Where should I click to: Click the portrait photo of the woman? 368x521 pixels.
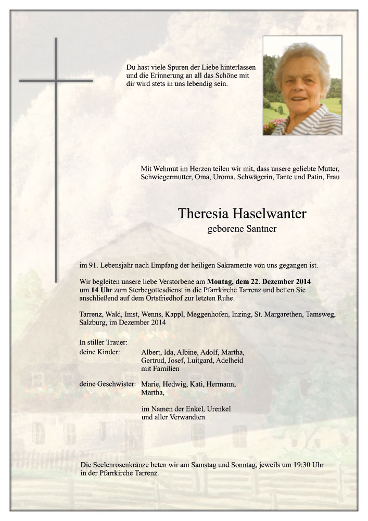click(302, 85)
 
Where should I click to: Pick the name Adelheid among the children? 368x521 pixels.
click(230, 360)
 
